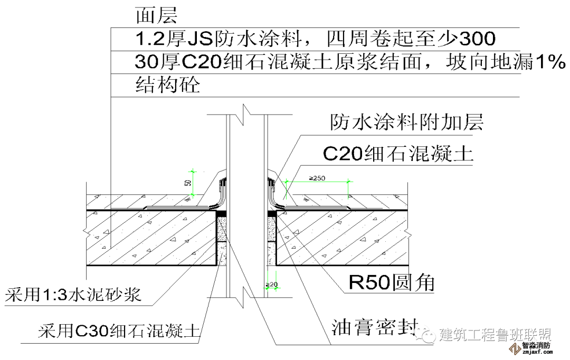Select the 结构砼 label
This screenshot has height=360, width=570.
pyautogui.click(x=168, y=84)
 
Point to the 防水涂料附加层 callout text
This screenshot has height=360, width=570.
pyautogui.click(x=406, y=122)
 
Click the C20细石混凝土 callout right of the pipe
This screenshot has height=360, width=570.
pyautogui.click(x=398, y=154)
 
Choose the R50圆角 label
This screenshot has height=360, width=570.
pyautogui.click(x=391, y=283)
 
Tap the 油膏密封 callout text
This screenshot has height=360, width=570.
pyautogui.click(x=375, y=327)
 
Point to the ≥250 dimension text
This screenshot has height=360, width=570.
pyautogui.click(x=317, y=178)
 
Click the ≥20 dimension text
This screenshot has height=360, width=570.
pyautogui.click(x=272, y=285)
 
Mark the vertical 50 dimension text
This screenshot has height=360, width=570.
pyautogui.click(x=187, y=183)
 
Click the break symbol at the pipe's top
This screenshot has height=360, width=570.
pyautogui.click(x=244, y=111)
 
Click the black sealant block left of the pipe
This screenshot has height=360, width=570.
pyautogui.click(x=222, y=213)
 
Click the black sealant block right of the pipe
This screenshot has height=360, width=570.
pyautogui.click(x=272, y=213)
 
